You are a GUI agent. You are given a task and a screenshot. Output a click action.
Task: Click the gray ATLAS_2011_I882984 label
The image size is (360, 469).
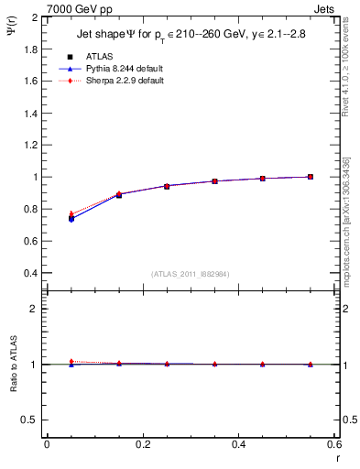[191, 274]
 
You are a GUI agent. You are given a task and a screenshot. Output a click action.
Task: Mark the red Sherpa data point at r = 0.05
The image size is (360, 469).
[71, 213]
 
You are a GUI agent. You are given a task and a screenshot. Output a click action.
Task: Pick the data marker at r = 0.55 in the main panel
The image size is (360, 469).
[311, 177]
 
